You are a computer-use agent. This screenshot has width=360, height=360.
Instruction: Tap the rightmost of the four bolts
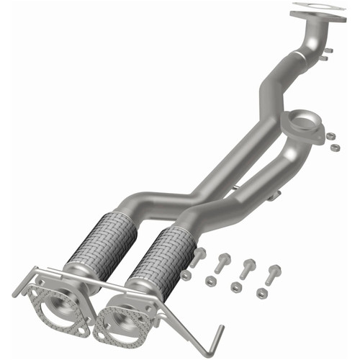pos(273,274)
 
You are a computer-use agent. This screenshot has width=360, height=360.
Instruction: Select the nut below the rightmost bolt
pos(261,294)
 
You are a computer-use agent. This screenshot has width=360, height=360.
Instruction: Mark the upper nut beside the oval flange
pos(330,135)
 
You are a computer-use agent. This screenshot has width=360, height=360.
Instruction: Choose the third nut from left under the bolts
pos(236,287)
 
